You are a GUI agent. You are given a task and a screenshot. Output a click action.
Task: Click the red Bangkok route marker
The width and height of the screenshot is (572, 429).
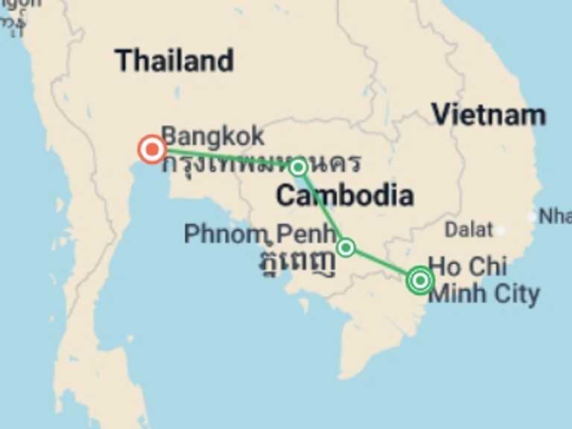152,150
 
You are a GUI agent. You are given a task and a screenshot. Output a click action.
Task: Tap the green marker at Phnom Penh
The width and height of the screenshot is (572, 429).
346,247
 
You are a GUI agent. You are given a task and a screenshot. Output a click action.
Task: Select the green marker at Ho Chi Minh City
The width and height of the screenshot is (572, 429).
420,281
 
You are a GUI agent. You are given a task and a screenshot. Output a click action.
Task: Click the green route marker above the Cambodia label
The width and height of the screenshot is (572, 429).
298,167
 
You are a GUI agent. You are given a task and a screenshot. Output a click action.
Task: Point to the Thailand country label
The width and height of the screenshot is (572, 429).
174,60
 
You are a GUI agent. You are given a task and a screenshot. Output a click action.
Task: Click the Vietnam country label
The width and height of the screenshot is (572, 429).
489,115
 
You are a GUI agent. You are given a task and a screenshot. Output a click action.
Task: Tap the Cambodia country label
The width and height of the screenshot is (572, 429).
344,196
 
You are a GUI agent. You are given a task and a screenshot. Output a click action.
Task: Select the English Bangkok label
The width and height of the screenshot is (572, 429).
212,136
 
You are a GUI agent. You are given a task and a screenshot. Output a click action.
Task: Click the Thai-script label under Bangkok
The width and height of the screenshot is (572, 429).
261,162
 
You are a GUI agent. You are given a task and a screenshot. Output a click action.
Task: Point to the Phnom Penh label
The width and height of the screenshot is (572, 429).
259,234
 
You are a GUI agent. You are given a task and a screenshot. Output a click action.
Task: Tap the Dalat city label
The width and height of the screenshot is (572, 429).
468,229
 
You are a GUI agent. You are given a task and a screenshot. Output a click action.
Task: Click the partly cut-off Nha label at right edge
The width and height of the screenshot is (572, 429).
555,216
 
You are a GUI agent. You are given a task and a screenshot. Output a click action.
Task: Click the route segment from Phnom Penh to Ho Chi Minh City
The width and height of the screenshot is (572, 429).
381,263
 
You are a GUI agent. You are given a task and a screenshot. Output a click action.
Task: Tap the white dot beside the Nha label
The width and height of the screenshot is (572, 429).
532,217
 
